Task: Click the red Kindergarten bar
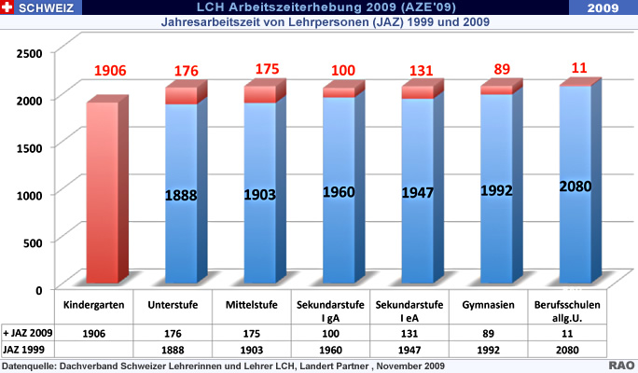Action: coord(103,191)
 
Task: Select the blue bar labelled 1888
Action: coord(181,196)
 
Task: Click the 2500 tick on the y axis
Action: coord(28,50)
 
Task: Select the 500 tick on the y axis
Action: coord(33,242)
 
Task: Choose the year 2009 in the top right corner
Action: coord(606,7)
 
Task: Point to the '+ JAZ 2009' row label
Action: coord(27,333)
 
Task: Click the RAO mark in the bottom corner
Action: coord(622,366)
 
